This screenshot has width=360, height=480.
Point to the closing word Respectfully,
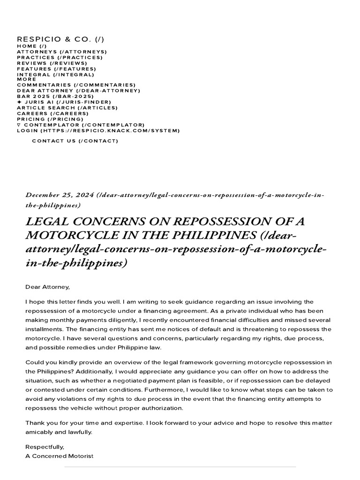(45, 447)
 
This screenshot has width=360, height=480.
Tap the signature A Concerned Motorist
(60, 456)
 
